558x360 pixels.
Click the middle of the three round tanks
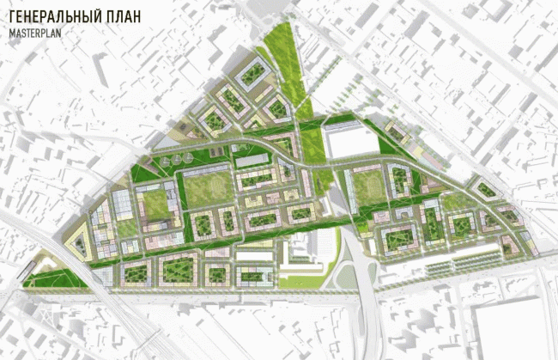[x=177, y=161]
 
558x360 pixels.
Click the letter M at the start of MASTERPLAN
[x=13, y=34]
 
